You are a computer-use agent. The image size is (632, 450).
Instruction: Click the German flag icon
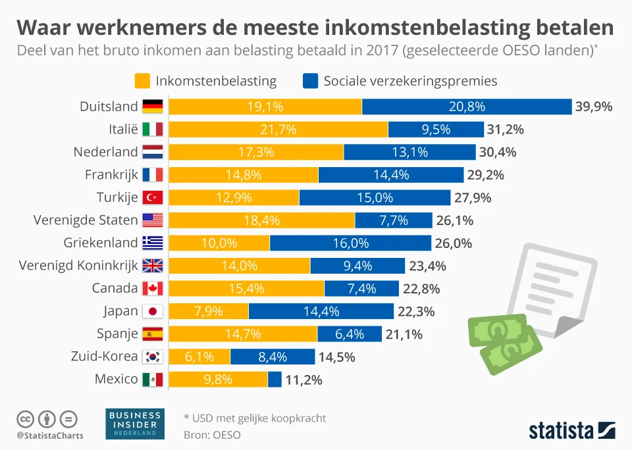(x=152, y=107)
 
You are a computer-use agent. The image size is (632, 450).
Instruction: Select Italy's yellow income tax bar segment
(x=278, y=130)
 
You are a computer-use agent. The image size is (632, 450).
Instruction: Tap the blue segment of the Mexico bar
(x=275, y=379)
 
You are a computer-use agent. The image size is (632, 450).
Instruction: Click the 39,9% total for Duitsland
(x=594, y=107)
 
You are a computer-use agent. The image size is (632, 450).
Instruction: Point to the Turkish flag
(x=152, y=197)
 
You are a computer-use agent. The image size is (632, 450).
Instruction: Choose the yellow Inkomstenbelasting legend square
(x=142, y=81)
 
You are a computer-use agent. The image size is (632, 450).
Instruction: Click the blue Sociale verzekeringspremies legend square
(x=310, y=81)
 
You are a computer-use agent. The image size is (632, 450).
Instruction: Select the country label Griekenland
(x=101, y=243)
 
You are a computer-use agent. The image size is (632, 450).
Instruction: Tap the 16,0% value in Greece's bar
(x=350, y=243)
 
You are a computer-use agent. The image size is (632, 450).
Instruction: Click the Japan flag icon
(x=152, y=311)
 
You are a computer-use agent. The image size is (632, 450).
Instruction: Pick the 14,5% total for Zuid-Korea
(x=337, y=357)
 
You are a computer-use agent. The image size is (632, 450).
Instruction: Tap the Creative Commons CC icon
(x=25, y=418)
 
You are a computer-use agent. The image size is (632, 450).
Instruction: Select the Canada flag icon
(x=152, y=288)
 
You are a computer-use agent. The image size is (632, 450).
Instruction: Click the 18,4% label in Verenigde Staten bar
(x=261, y=220)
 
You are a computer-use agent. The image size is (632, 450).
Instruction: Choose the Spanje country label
(x=117, y=334)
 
